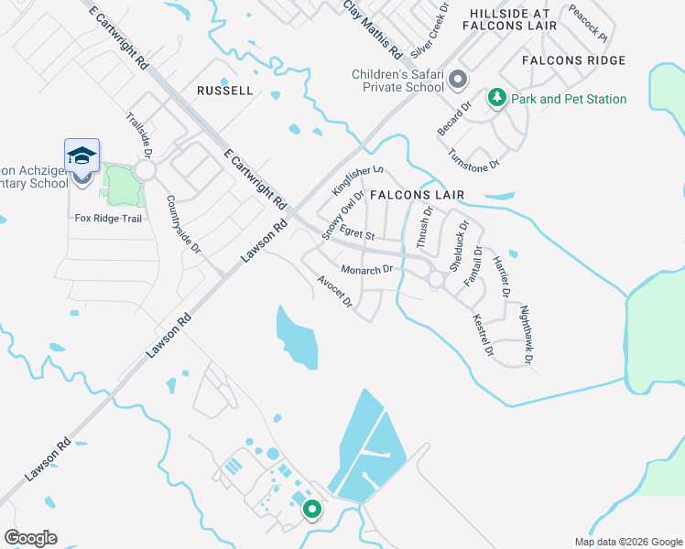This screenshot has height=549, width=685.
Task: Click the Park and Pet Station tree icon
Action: (x=496, y=98)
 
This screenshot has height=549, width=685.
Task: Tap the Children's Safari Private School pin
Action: (x=459, y=81)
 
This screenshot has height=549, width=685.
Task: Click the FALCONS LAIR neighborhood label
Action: (x=417, y=195)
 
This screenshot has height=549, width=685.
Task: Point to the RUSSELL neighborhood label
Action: (x=224, y=91)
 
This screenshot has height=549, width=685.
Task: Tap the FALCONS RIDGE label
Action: (x=574, y=60)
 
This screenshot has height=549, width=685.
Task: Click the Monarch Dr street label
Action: (x=366, y=270)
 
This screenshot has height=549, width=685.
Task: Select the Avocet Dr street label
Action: (x=335, y=292)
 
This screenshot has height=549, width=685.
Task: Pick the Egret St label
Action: (x=357, y=235)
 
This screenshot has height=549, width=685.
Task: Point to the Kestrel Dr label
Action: (x=483, y=336)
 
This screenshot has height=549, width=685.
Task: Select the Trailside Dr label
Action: (x=136, y=134)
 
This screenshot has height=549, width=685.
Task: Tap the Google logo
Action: (x=30, y=538)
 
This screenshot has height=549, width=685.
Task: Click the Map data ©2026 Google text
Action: (x=627, y=542)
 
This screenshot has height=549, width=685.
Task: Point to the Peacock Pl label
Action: (x=587, y=22)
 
